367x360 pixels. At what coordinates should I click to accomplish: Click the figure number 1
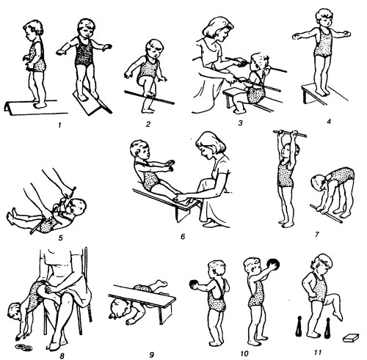(59, 125)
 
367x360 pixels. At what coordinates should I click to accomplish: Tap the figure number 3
(240, 122)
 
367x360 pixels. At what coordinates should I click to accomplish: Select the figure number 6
(183, 237)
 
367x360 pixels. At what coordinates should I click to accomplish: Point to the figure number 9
(152, 355)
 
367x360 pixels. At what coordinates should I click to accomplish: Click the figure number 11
(318, 352)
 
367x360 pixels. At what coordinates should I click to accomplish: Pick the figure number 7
(317, 235)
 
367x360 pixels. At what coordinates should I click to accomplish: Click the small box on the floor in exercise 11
(351, 338)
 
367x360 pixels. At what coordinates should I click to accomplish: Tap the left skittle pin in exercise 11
(299, 327)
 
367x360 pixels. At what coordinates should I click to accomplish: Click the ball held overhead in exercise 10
(274, 265)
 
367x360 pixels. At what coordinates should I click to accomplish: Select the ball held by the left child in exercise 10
(194, 284)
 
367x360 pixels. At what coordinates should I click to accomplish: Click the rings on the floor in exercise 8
(23, 346)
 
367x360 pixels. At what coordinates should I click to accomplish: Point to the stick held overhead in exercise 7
(290, 133)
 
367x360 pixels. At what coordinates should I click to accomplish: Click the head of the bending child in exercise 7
(319, 183)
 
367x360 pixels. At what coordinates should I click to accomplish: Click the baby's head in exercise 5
(78, 207)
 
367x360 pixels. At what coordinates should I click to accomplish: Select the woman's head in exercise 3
(217, 29)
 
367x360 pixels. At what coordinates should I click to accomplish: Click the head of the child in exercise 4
(324, 18)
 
